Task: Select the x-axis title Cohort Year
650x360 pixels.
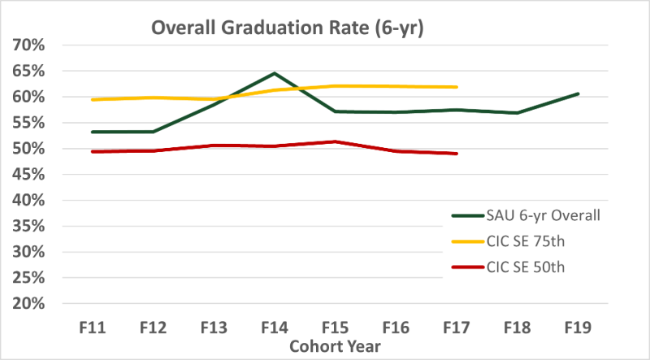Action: (335, 345)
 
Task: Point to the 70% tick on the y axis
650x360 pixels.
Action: (28, 45)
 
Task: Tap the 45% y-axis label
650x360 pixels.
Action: (28, 174)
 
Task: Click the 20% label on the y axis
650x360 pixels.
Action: (28, 303)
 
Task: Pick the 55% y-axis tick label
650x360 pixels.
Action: (28, 123)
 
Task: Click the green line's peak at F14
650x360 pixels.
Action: (275, 73)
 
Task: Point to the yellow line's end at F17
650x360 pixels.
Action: (457, 87)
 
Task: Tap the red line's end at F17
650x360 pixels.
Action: (457, 154)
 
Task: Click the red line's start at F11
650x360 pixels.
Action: (92, 151)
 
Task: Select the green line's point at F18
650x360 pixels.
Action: (518, 113)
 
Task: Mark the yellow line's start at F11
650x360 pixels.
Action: (92, 99)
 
